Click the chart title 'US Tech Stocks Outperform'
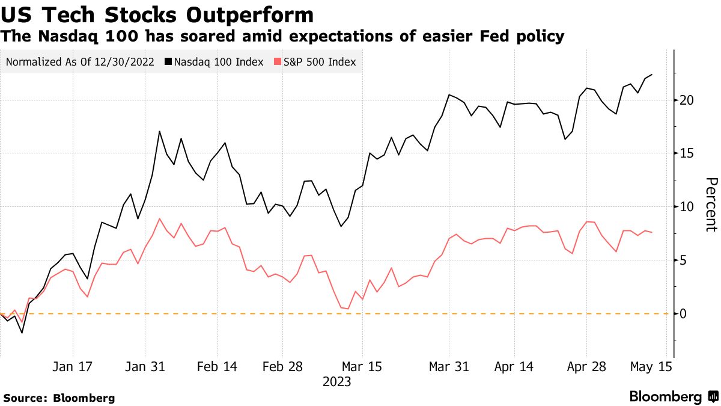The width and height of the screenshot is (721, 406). (158, 14)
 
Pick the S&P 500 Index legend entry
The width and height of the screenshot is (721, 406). (314, 62)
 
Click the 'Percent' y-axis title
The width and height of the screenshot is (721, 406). (711, 205)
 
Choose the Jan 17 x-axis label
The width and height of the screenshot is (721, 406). (72, 368)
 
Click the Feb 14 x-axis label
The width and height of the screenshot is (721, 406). (217, 368)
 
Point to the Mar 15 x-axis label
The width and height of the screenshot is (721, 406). (362, 368)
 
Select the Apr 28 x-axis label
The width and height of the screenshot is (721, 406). (586, 368)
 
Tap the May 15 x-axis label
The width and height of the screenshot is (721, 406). (651, 368)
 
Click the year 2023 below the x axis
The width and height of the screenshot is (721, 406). (336, 382)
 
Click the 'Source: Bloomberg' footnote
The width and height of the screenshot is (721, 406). (59, 398)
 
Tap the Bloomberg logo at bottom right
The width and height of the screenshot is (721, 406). (673, 397)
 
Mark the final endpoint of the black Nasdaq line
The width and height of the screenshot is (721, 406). (652, 75)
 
